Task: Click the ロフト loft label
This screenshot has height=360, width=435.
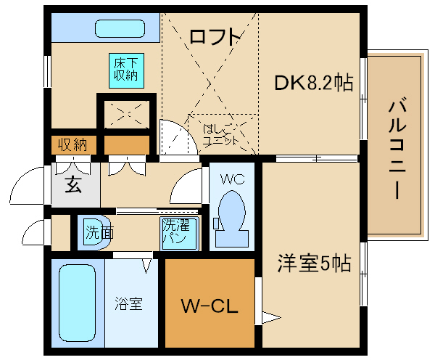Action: tap(215, 37)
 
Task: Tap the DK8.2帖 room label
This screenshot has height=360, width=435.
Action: tap(313, 83)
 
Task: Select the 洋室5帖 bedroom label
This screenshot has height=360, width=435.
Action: tap(314, 263)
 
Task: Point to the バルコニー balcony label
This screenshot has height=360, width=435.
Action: tap(397, 150)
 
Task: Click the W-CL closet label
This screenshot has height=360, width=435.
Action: tap(210, 306)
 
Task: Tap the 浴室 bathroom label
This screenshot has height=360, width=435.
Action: tap(129, 303)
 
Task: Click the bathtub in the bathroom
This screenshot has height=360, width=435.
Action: tap(77, 303)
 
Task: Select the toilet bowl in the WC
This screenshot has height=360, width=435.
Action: tap(231, 218)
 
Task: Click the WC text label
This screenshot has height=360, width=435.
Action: tap(233, 179)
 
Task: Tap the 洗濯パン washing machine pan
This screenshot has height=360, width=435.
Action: tap(180, 234)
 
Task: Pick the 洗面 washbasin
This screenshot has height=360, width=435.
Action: tap(94, 232)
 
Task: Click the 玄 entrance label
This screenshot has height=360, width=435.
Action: tap(73, 185)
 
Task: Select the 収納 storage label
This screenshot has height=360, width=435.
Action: tap(72, 144)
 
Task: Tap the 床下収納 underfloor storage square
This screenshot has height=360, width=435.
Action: tap(126, 71)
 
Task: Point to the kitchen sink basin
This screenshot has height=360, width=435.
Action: tap(120, 28)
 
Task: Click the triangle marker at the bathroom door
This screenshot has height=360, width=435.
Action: tap(146, 266)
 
